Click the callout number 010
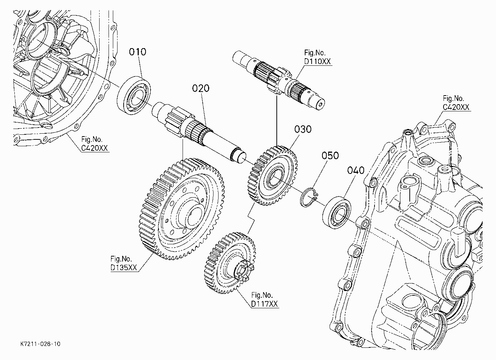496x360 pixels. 138,52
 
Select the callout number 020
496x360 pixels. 201,88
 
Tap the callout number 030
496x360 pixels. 303,129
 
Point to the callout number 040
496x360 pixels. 355,170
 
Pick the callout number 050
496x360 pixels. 330,156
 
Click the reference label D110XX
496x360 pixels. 317,61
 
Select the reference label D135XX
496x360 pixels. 124,267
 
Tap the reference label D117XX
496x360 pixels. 265,304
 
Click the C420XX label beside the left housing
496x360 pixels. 94,148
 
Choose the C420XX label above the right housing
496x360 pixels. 456,107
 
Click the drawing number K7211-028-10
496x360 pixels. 40,344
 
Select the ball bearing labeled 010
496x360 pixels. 134,95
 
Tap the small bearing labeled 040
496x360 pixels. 336,212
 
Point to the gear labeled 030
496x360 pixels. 272,175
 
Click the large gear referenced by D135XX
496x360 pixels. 182,209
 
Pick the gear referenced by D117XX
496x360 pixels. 230,263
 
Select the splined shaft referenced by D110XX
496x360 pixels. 279,80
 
